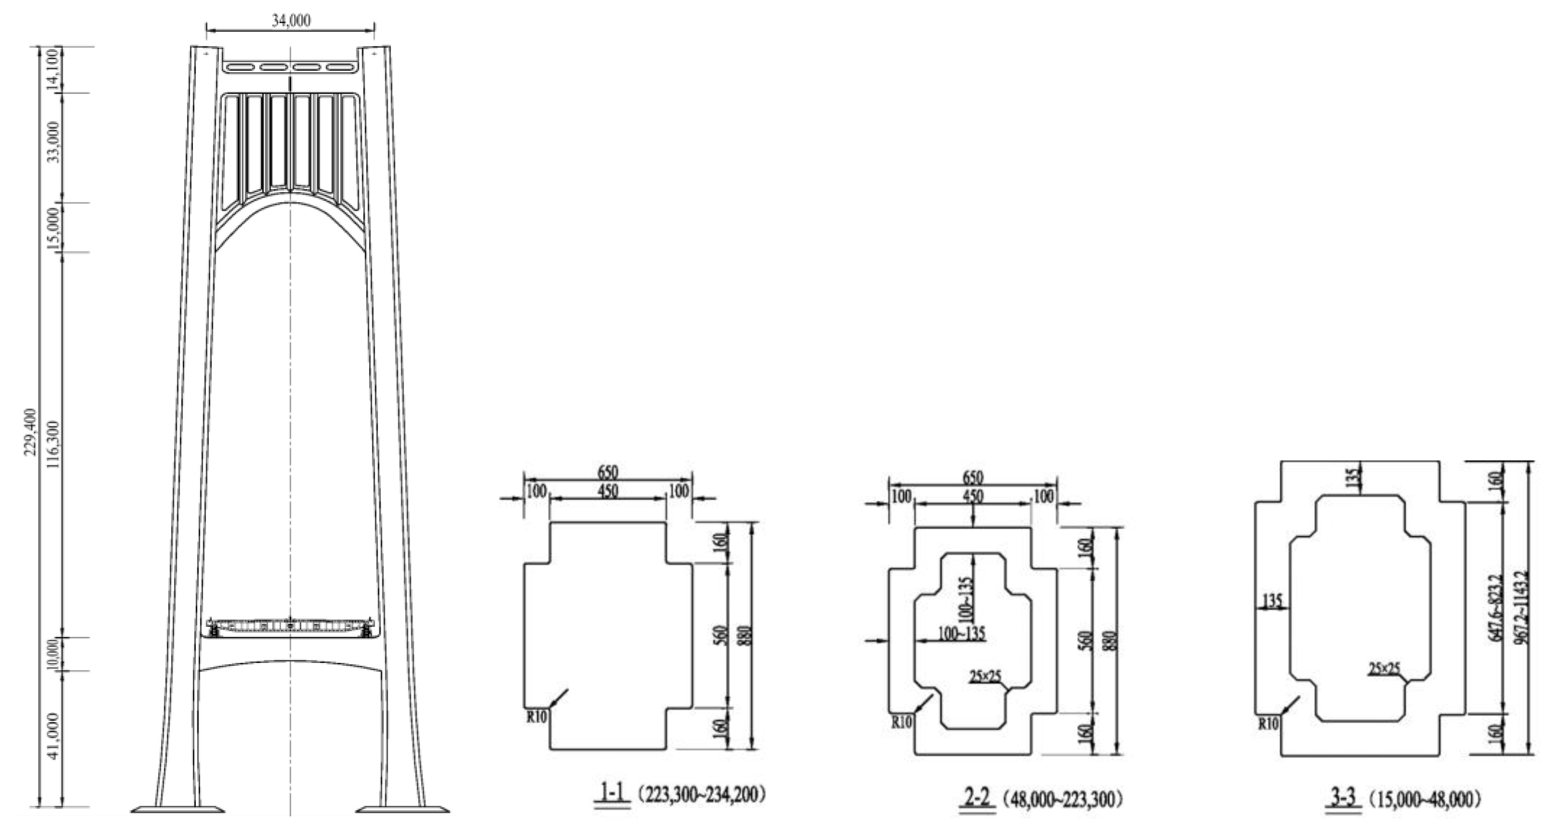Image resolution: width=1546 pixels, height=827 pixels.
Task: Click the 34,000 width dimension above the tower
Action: coord(291,21)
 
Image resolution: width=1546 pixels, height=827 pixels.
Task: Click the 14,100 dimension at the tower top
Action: coord(53,70)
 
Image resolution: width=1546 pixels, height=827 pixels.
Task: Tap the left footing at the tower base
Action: coord(178,810)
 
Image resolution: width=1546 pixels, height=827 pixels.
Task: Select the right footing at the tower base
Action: coord(403,810)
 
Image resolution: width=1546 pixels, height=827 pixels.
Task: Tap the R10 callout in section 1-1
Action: coord(537,716)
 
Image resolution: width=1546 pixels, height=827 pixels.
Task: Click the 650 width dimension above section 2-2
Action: coord(973,478)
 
